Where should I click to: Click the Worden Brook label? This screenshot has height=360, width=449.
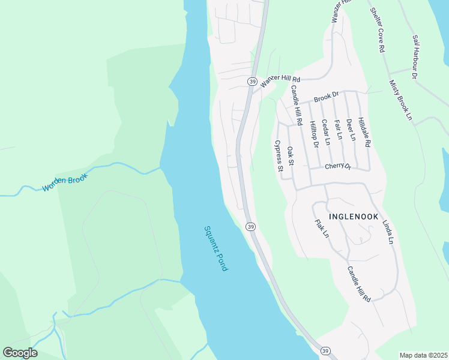point(65,182)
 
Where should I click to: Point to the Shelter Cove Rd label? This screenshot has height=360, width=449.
point(377,31)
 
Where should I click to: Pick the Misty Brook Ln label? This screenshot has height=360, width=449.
point(400,100)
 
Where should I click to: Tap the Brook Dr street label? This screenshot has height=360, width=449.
point(327,96)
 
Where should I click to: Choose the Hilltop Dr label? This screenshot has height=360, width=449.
point(313,134)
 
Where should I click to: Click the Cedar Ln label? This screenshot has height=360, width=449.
point(327,133)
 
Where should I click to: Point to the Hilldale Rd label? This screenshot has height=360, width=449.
point(364,133)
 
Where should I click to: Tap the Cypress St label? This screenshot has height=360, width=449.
point(279,156)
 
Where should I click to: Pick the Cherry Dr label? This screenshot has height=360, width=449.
point(338,167)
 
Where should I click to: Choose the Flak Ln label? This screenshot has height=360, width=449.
point(322,228)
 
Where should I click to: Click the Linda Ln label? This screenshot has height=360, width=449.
point(388,231)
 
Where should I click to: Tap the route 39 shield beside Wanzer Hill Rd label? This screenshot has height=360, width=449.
point(252,81)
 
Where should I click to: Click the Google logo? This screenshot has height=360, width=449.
point(20,353)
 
